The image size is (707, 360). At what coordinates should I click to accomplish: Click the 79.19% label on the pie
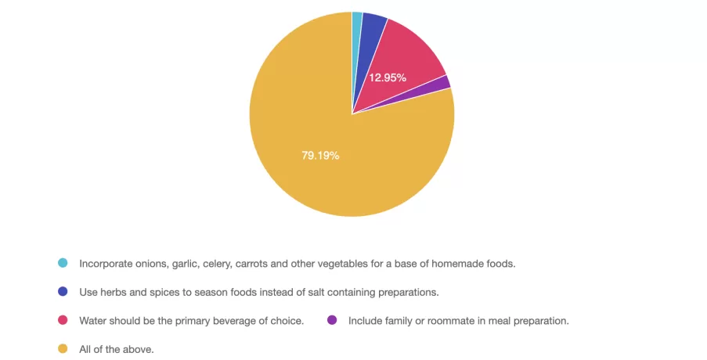click(x=320, y=156)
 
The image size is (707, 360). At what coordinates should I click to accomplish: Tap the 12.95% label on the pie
click(x=388, y=77)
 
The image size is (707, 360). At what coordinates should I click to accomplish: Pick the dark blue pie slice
click(x=372, y=35)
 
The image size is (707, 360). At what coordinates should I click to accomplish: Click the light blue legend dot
click(x=63, y=263)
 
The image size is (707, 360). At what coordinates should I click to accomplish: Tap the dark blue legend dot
click(x=63, y=292)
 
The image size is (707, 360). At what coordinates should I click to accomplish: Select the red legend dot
click(x=63, y=320)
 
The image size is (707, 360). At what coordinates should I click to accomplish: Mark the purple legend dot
click(x=332, y=320)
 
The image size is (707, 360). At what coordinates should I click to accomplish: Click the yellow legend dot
click(x=63, y=349)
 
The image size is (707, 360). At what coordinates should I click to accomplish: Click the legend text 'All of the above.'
click(x=117, y=349)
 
